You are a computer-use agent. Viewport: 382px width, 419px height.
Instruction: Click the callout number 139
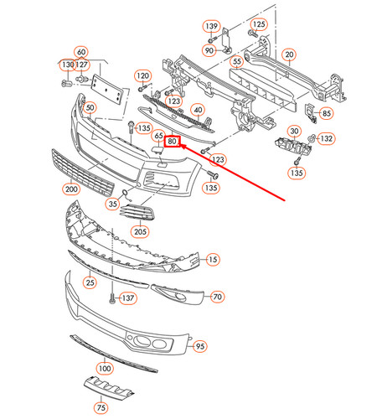(210, 27)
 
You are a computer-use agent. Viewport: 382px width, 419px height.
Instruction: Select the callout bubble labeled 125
(259, 25)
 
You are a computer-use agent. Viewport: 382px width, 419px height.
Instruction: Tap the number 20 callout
(290, 55)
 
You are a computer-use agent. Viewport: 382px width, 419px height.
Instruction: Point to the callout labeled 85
(327, 113)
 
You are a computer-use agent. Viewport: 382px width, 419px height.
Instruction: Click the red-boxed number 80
(172, 142)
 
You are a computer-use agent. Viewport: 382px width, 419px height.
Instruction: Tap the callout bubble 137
(126, 297)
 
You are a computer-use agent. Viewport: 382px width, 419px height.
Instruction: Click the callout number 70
(217, 297)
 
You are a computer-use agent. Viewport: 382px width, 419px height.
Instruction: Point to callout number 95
(199, 345)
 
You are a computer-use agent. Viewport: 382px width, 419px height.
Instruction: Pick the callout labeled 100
(104, 368)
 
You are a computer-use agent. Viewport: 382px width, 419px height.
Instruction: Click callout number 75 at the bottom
(101, 407)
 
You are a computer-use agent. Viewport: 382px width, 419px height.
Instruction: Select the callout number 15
(213, 260)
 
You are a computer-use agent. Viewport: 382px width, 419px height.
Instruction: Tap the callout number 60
(80, 52)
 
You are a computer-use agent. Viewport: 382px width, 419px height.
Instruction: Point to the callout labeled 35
(112, 204)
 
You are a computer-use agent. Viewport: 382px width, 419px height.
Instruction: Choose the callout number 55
(237, 61)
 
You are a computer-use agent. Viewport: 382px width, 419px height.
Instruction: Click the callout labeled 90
(210, 52)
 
